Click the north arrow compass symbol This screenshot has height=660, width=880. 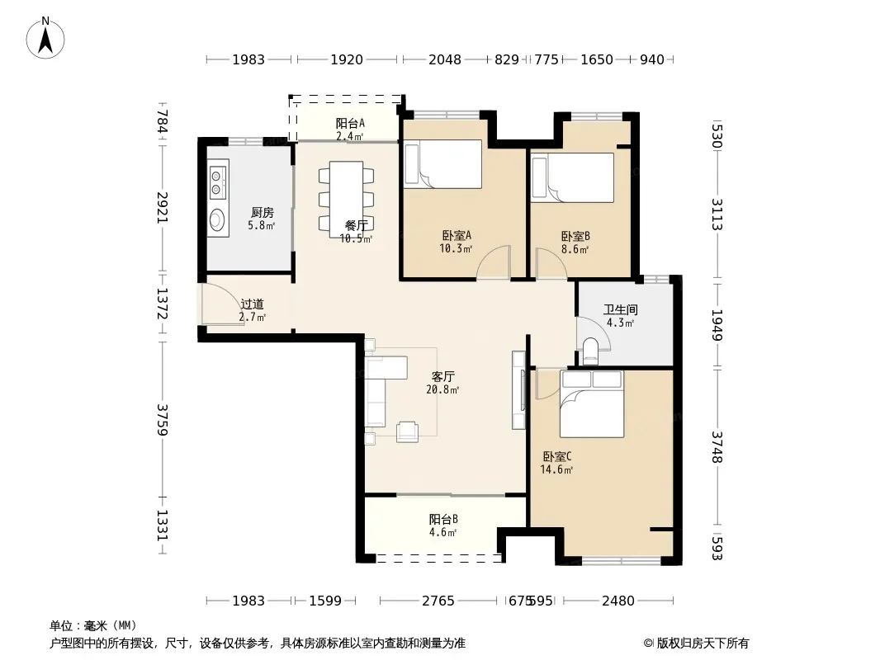point(45,38)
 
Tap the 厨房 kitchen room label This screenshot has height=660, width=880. point(262,213)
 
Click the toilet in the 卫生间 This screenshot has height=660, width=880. point(590,351)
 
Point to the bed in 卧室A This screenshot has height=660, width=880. point(442,163)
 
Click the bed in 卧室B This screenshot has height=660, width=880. point(572,177)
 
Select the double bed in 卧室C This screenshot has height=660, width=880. point(592,403)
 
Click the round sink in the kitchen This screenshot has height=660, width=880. point(218,219)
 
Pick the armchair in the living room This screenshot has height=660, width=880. point(407,431)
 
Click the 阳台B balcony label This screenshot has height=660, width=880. point(443,519)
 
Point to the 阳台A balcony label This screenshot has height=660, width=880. point(350,124)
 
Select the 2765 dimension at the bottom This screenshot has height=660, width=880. point(438,601)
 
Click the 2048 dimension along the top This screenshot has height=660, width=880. point(444,59)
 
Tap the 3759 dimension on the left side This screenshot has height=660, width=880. point(162,419)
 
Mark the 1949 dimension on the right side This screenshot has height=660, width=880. point(717,325)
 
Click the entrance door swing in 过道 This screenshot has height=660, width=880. point(222,304)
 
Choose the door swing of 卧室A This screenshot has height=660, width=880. point(494,262)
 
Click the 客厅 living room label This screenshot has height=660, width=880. point(442,376)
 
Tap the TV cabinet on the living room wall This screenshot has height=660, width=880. point(518,390)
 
